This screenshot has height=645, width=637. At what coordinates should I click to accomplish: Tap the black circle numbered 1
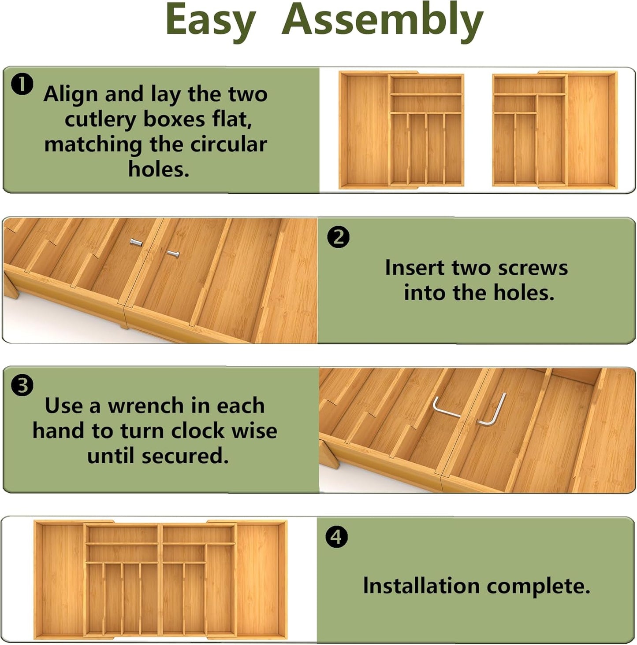[22, 84]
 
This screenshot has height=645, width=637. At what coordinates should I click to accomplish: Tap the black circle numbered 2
[338, 237]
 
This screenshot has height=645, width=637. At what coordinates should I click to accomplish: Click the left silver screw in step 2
[136, 242]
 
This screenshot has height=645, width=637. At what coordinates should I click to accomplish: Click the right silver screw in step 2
[173, 254]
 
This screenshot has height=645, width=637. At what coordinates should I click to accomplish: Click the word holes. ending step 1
[159, 169]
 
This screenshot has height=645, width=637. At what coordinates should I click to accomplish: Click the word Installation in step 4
[421, 586]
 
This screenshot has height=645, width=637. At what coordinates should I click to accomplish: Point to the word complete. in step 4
[538, 586]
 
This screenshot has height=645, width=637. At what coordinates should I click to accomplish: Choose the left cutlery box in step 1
[402, 130]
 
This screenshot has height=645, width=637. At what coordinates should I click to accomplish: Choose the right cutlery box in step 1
[555, 130]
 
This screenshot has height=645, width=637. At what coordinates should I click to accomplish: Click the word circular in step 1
[228, 144]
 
